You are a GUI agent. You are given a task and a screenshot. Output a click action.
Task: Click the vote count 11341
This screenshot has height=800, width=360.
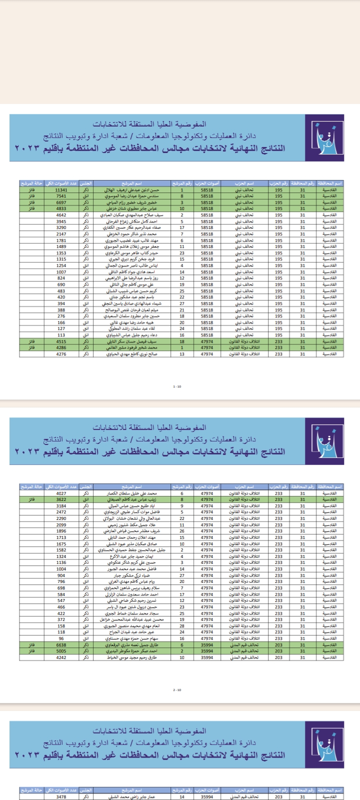(61, 190)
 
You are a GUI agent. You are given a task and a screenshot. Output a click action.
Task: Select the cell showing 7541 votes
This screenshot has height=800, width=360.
(61, 196)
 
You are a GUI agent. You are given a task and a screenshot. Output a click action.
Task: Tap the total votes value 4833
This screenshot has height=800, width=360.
(61, 209)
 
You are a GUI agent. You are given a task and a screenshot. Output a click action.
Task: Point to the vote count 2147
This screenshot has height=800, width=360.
(61, 234)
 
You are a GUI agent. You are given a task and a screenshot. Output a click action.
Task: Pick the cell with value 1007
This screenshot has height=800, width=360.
(61, 272)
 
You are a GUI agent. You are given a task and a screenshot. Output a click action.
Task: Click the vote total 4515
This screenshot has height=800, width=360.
(61, 341)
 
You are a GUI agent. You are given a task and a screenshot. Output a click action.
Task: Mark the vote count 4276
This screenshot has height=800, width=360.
(61, 354)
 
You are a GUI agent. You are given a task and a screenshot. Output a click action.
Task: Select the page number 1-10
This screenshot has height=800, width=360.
(177, 386)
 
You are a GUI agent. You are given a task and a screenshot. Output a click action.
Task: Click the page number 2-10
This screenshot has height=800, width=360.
(177, 690)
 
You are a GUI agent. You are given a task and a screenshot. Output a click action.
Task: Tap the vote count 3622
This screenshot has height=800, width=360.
(61, 499)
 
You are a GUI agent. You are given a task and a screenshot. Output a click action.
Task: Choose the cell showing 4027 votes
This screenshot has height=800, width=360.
(61, 493)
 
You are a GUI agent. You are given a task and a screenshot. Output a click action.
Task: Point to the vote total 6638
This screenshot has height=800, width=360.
(61, 645)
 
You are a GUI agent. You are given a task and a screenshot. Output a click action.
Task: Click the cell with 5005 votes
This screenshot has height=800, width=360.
(61, 651)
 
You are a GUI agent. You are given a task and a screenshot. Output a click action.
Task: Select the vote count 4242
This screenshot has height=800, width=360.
(61, 657)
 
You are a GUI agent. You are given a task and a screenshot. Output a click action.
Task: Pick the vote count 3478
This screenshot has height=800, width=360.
(61, 796)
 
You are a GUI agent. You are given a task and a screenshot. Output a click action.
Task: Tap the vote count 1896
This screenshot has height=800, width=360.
(61, 531)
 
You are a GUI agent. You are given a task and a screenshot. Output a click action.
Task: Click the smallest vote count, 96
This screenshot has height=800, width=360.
(61, 638)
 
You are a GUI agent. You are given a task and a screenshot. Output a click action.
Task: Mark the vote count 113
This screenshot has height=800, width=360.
(61, 335)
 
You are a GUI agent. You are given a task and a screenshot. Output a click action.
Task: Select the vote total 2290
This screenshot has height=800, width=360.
(61, 518)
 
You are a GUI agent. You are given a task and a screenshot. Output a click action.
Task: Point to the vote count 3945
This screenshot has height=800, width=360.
(61, 221)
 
